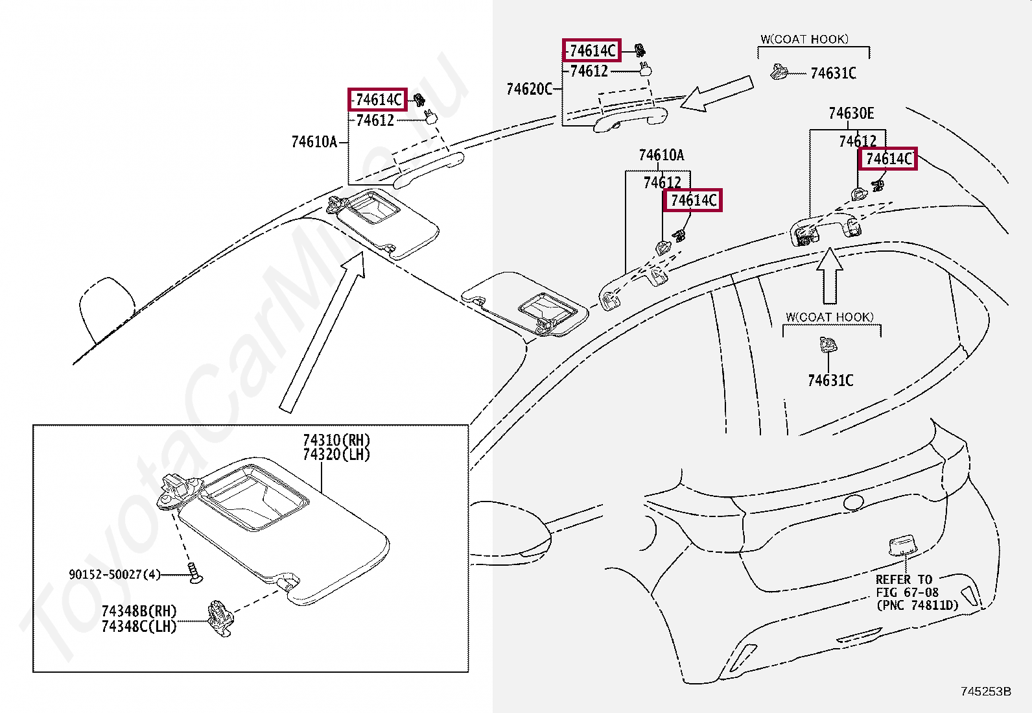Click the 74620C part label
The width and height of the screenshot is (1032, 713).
click(x=529, y=89)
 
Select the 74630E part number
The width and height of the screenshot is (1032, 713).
click(x=851, y=114)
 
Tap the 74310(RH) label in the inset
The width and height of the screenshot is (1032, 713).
click(x=336, y=440)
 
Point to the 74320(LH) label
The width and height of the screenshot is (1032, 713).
click(x=336, y=455)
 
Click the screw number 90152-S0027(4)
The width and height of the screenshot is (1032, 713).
click(x=115, y=574)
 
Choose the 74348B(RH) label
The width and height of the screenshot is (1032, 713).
click(x=139, y=611)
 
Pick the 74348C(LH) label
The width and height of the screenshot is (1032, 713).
click(x=139, y=626)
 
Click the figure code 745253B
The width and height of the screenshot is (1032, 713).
click(x=986, y=692)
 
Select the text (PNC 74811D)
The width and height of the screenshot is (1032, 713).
click(x=917, y=605)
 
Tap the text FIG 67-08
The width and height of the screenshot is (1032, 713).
click(x=907, y=592)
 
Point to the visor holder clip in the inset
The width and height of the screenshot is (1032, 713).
click(x=220, y=618)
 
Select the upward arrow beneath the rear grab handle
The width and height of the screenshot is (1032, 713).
click(x=830, y=276)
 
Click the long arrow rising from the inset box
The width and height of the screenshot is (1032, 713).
click(x=322, y=332)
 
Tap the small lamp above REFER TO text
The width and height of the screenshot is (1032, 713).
click(x=902, y=546)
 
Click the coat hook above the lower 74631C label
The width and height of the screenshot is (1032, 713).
click(x=828, y=344)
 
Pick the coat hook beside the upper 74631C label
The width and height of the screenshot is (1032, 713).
click(x=778, y=71)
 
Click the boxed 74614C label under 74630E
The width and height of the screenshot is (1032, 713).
click(x=888, y=159)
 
